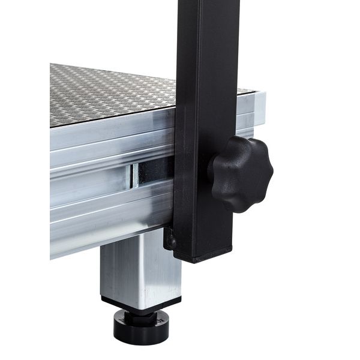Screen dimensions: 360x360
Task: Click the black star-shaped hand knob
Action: [241, 174]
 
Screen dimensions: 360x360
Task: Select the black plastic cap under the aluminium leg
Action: [142, 302]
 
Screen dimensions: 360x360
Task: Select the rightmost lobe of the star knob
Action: [267, 175]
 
